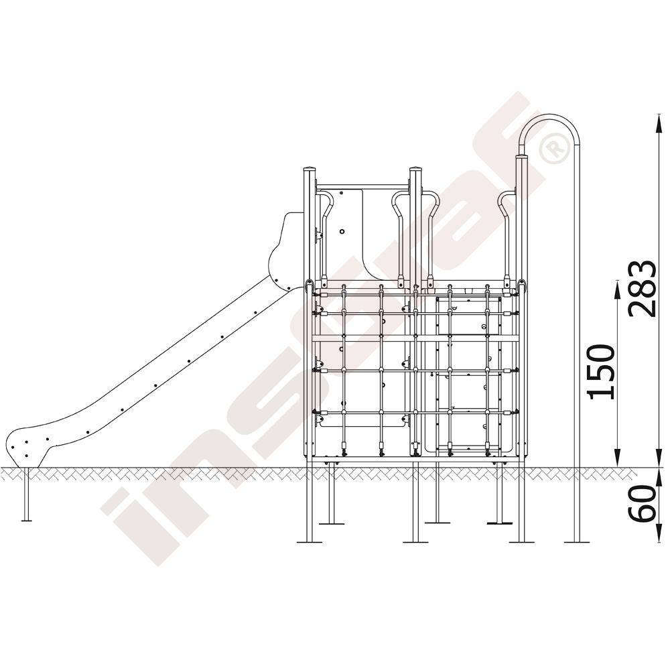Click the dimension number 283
click(x=643, y=289)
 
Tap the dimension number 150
click(x=601, y=372)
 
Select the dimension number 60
click(x=643, y=503)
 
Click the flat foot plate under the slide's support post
click(x=27, y=520)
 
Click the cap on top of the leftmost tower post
click(x=310, y=169)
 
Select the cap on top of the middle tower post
click(x=416, y=169)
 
